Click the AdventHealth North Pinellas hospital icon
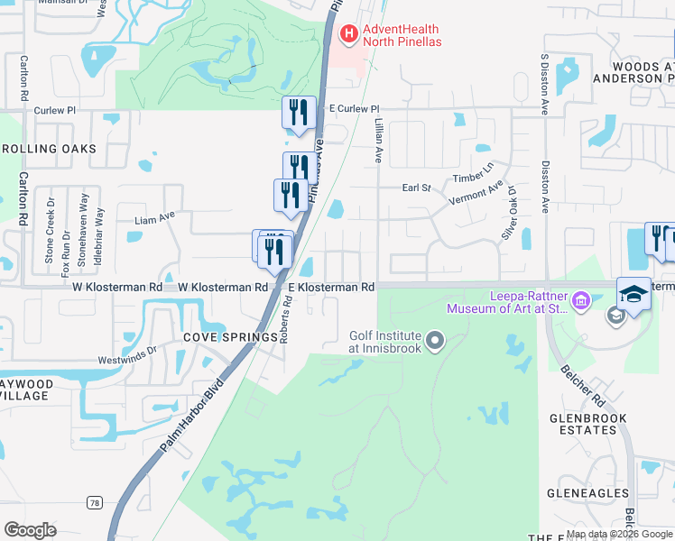pos(347,34)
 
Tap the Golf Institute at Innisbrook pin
pos(436,341)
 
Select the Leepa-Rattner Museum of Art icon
pos(579,300)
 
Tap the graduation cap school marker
pos(634,295)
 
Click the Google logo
pos(30,530)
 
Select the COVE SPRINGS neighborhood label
pos(230,337)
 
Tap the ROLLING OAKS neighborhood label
pos(55,149)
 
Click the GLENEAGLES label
pos(587,493)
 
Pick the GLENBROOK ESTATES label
pos(583,424)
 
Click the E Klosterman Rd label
pos(331,287)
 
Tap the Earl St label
pos(417,188)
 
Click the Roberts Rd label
pos(284,320)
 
